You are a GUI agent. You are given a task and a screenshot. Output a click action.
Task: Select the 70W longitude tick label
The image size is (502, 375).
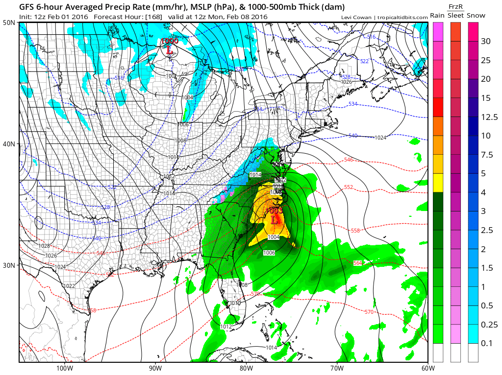336,368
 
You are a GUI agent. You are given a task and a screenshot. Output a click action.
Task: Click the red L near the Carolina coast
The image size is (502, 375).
274,220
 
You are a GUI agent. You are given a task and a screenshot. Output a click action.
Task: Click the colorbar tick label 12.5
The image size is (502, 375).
489,117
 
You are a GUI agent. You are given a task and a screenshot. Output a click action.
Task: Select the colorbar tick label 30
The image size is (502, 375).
485,41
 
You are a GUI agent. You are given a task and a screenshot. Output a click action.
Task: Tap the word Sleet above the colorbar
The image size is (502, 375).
455,16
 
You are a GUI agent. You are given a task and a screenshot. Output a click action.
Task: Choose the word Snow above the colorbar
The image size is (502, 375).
476,16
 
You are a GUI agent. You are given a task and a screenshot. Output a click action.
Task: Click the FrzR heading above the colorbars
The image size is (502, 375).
456,6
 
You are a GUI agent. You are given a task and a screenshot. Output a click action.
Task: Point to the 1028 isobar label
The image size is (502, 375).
44,246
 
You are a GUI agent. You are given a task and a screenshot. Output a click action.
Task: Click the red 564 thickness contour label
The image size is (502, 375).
357,263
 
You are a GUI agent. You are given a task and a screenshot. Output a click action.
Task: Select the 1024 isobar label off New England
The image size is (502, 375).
380,138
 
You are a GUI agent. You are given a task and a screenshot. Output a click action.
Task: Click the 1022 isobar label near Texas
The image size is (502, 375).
70,286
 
